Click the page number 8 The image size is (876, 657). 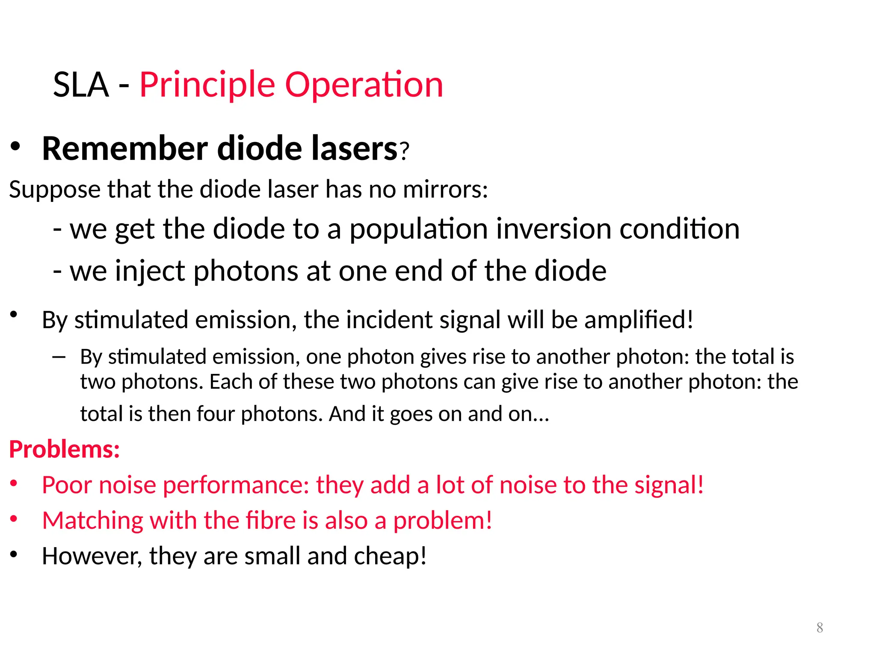820,627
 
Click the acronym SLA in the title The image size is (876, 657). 81,85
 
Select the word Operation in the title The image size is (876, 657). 364,85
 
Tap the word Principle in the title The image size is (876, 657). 207,85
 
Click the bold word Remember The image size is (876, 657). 125,148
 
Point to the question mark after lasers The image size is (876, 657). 404,151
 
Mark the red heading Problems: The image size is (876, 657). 65,450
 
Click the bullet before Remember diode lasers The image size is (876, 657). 15,147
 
